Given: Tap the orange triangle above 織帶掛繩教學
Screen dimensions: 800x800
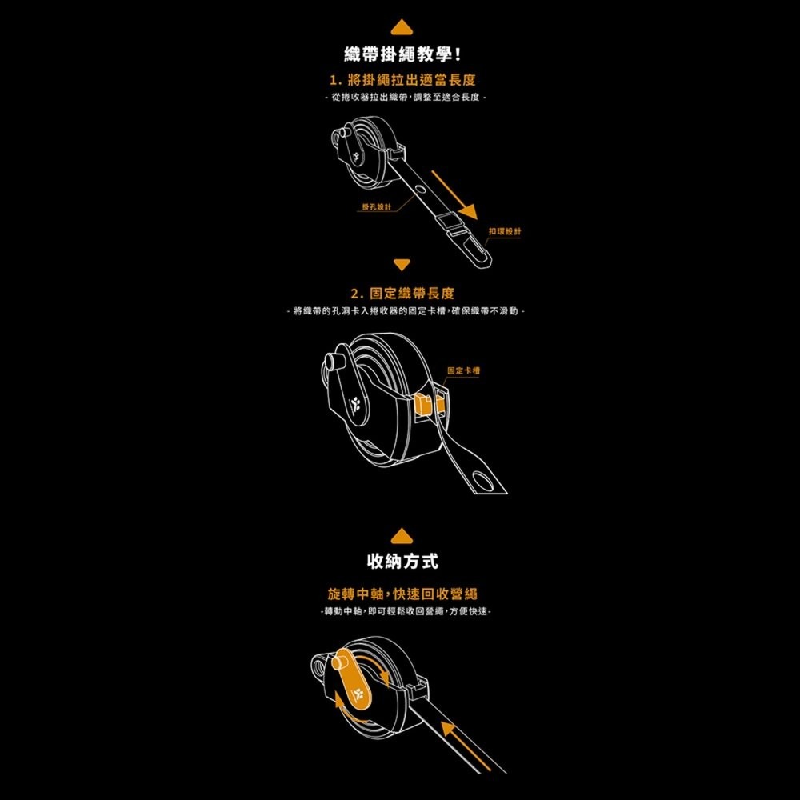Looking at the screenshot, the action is point(402,27).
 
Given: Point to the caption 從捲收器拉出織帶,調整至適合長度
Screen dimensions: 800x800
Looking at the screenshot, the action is point(406,97).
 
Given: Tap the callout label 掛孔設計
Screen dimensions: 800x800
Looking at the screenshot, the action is point(377,206).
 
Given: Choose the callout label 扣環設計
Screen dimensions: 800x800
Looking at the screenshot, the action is point(505,232).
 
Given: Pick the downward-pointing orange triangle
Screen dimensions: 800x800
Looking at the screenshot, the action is point(402,265).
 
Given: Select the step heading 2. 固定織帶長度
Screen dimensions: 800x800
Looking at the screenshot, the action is point(402,294).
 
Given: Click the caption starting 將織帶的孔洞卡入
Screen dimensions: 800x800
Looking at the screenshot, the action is point(406,311).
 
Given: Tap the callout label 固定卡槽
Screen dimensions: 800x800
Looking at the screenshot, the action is point(463,371).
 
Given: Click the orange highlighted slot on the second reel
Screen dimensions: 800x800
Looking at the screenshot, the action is point(430,405).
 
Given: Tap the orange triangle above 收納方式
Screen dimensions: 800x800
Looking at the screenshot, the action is point(402,536).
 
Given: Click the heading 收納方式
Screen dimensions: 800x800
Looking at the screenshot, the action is point(402,562).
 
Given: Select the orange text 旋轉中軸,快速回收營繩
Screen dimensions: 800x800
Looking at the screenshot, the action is point(402,594).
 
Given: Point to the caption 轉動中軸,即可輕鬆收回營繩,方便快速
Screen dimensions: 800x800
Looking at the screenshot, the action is point(406,611).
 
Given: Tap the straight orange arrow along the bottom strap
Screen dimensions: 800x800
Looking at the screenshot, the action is point(466,746).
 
